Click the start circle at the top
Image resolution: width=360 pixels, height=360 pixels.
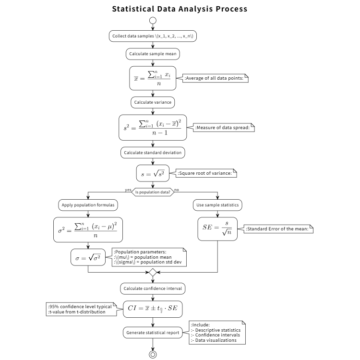click(153, 21)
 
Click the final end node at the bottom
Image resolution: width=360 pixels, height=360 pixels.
click(153, 354)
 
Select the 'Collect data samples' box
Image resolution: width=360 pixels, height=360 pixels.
click(153, 36)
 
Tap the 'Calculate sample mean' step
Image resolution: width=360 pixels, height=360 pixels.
click(153, 54)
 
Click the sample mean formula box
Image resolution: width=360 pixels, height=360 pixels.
click(153, 78)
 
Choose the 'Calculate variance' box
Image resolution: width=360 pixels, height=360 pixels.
click(153, 102)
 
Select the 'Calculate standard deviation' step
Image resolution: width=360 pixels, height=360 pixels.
click(153, 152)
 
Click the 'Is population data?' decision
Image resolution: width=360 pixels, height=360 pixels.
click(153, 192)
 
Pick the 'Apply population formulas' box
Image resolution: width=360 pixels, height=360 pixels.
click(88, 205)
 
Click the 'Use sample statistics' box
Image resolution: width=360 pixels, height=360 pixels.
click(218, 205)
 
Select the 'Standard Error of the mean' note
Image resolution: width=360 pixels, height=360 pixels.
click(278, 229)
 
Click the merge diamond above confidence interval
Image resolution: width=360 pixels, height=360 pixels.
click(153, 272)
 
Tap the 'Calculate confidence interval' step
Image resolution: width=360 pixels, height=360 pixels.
click(153, 288)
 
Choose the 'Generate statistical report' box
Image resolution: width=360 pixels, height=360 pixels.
click(153, 332)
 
